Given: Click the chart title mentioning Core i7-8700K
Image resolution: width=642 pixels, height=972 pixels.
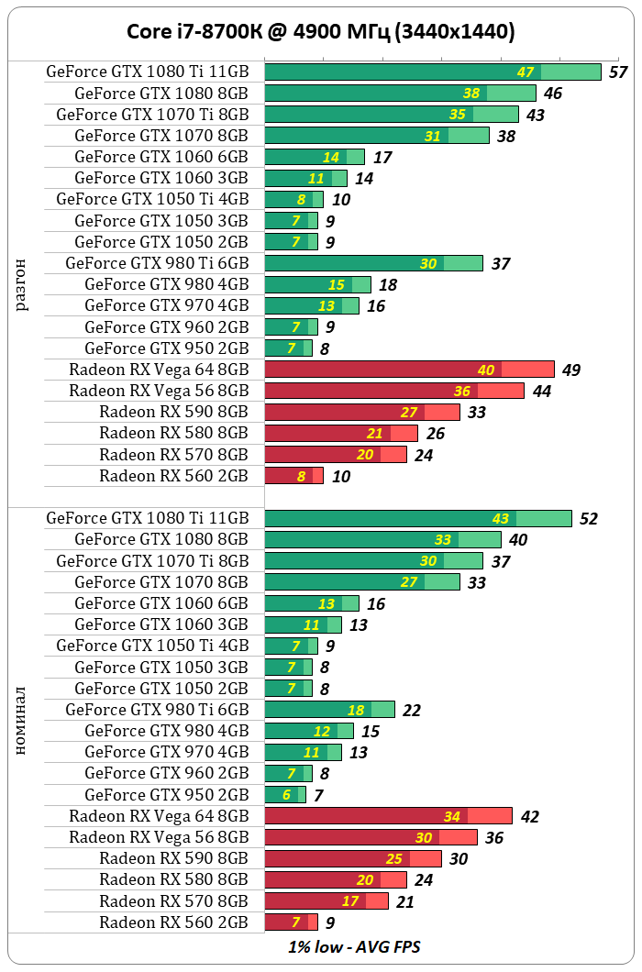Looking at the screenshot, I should pos(320,32).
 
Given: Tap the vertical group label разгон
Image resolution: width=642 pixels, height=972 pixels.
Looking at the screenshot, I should pos(22,285).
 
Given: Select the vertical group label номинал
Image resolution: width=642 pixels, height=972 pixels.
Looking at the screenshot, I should pos(22,720).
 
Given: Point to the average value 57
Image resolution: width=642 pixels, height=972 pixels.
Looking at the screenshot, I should pos(617,72).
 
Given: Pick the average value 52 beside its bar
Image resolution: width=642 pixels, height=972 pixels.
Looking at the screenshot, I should pos(588,519).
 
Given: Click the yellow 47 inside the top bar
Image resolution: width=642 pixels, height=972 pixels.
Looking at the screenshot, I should pos(526,72).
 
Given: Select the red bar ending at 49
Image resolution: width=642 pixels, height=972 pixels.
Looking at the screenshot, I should pos(409,370).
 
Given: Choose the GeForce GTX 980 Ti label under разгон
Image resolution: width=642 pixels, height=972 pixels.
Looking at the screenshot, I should pos(157,263).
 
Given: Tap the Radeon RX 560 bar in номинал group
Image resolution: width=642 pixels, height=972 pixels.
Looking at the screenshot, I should pos(291,922).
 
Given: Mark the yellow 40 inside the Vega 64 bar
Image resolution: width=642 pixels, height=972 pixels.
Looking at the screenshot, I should pos(486,370).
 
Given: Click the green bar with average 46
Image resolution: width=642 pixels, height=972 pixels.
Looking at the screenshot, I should pos(400,94).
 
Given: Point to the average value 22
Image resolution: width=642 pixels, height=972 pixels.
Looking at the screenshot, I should pos(412,711).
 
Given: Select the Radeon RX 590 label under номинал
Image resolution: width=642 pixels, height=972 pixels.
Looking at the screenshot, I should pos(173,858).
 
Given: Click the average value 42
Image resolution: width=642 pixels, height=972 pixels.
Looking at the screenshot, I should pos(529,817).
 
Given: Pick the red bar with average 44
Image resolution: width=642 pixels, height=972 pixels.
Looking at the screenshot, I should pos(394,391).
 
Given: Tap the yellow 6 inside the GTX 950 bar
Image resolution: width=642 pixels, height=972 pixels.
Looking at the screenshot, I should pos(287,795).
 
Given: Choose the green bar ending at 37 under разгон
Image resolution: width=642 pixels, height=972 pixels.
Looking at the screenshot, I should pos(373,263).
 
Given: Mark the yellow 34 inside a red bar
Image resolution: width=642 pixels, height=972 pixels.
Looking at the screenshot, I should pos(452,816).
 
